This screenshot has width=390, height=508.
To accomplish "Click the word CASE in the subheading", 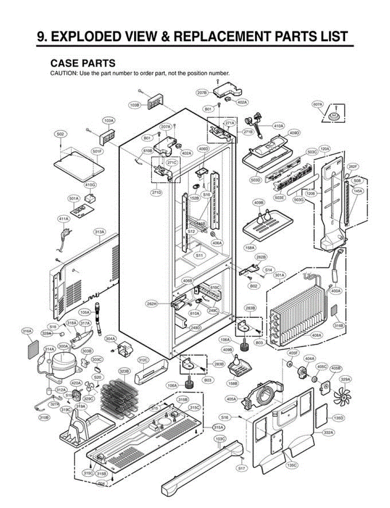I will click(x=64, y=63).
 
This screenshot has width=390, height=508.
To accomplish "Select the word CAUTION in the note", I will click(x=64, y=73).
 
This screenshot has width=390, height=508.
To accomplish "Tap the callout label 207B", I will click(x=202, y=92).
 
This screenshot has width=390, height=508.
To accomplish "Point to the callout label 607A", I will click(x=317, y=104).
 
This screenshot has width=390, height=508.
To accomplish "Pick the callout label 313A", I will click(x=99, y=232).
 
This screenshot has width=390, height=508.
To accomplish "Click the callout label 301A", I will click(x=280, y=275).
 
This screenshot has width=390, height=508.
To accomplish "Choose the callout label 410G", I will click(x=90, y=185).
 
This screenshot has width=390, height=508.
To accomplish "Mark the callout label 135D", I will click(x=338, y=418).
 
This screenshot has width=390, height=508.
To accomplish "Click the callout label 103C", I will click(x=220, y=439).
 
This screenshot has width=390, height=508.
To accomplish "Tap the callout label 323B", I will click(x=124, y=371).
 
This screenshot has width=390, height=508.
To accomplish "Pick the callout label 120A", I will click(x=324, y=149).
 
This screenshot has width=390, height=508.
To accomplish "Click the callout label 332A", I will click(x=329, y=433).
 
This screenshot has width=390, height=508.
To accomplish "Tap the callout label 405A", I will click(x=232, y=398).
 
